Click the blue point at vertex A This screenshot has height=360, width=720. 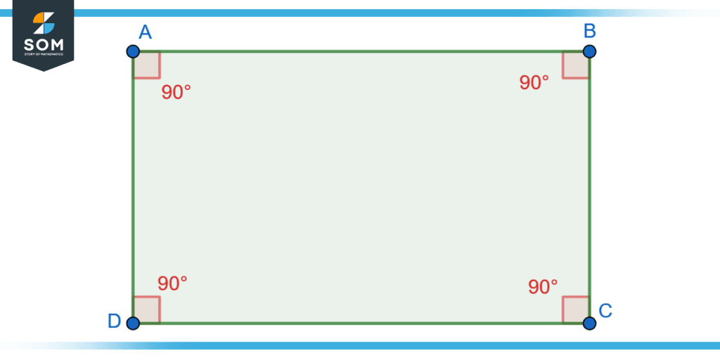[133, 51]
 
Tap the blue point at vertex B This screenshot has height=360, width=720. [589, 51]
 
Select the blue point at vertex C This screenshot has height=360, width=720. [589, 323]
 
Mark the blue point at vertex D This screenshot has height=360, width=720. [133, 323]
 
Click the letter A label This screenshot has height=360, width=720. [146, 32]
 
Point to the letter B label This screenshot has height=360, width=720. [590, 31]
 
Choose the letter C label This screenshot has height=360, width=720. [605, 311]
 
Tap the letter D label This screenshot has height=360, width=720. [114, 321]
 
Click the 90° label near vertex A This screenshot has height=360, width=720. [176, 92]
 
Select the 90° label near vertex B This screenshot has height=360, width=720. [534, 83]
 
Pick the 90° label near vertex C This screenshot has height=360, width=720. [543, 287]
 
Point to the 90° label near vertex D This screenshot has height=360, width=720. [172, 283]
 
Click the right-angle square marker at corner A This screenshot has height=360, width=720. [146, 65]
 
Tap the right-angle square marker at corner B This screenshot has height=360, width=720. [576, 65]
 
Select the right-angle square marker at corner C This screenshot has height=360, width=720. [576, 309]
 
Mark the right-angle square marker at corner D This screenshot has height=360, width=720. [146, 309]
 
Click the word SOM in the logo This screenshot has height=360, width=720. [44, 45]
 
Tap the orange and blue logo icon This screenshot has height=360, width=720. [44, 23]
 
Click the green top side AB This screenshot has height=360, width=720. [361, 51]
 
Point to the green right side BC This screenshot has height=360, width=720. [589, 187]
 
